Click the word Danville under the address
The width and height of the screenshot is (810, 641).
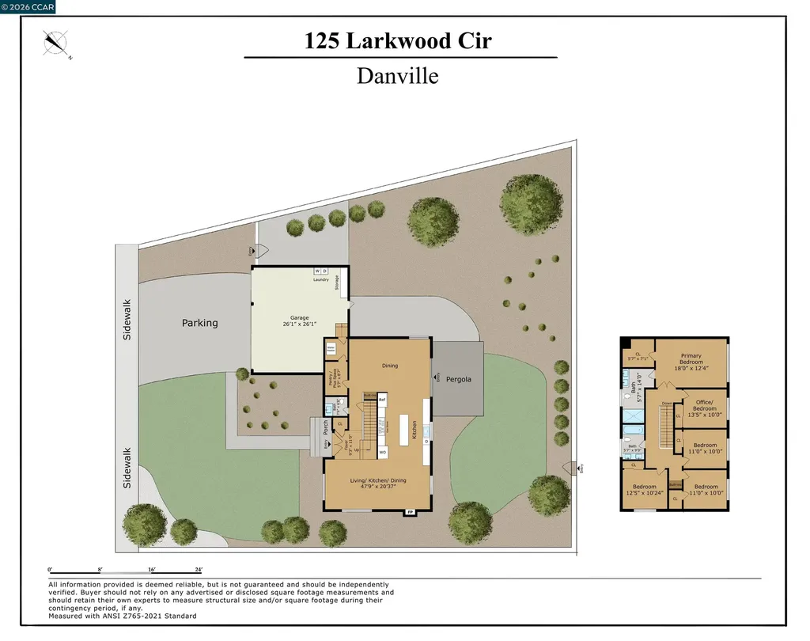click(397, 76)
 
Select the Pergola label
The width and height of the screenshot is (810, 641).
click(458, 379)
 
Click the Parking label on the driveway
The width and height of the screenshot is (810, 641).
click(199, 323)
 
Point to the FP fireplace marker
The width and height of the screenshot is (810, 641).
click(410, 512)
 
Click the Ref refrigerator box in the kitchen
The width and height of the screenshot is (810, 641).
click(382, 400)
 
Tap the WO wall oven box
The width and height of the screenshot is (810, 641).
click(382, 452)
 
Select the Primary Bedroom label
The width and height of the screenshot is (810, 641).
click(691, 362)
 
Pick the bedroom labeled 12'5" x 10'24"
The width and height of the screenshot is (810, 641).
click(645, 490)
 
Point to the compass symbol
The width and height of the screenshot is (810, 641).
click(57, 43)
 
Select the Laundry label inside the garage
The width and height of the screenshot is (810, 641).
click(320, 279)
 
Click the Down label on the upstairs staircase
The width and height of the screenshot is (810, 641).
click(666, 403)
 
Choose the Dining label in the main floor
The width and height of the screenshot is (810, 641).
click(390, 366)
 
